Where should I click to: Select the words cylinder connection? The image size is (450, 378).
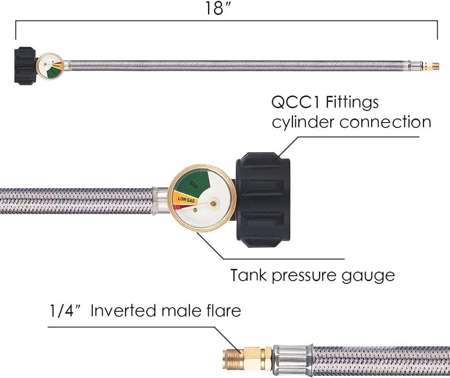[x=352, y=122]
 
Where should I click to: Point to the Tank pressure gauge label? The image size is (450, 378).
[x=312, y=276]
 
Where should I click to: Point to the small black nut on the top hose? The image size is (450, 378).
[x=25, y=66]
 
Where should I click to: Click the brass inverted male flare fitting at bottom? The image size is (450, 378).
[x=244, y=356]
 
